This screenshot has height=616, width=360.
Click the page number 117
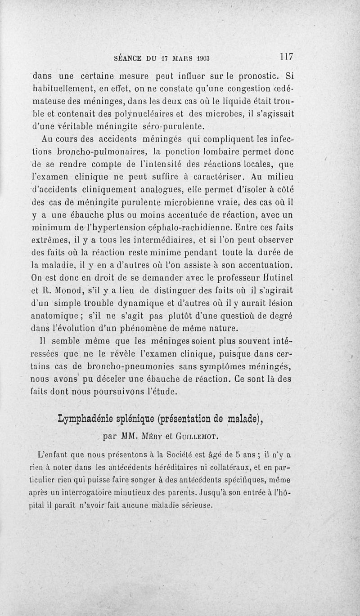pos(286,57)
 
